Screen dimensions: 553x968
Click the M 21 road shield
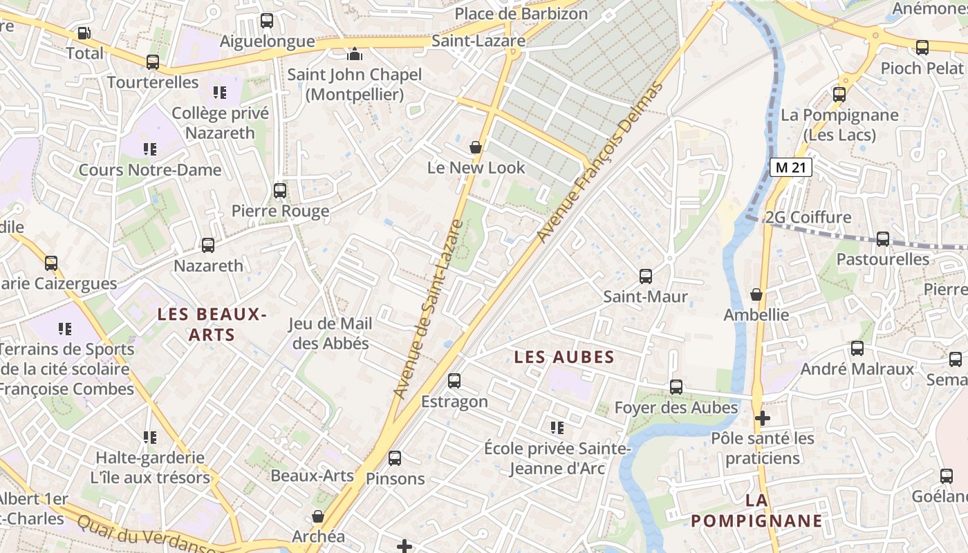[790, 167]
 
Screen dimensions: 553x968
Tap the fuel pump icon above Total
[84, 32]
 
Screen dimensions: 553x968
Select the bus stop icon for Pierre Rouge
[280, 190]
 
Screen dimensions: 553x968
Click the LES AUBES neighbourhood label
[564, 357]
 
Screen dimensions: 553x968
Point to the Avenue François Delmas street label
[599, 162]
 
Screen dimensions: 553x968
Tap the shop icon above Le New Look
[476, 147]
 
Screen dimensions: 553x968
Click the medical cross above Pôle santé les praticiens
[763, 418]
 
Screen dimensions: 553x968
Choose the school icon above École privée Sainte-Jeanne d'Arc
[557, 428]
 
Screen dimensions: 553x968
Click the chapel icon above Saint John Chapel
[355, 53]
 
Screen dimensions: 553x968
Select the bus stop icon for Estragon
[454, 381]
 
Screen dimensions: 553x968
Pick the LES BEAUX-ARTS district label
[212, 324]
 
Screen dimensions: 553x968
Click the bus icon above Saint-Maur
[646, 276]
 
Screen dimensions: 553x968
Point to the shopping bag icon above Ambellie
[756, 294]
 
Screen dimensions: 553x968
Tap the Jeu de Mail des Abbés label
[331, 333]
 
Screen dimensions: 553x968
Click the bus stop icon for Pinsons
[395, 458]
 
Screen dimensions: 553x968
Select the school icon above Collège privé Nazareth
[220, 92]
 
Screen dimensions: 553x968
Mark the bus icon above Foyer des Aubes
[676, 387]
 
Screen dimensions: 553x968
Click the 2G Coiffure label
[808, 218]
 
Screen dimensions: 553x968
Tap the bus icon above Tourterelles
[153, 62]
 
